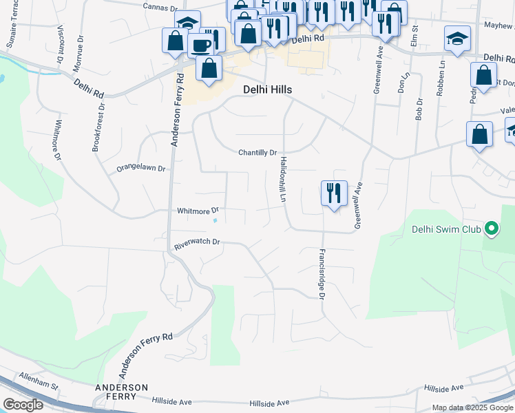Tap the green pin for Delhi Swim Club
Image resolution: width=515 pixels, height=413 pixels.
coord(491,229)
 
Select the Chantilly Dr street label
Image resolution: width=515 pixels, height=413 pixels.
coord(257,153)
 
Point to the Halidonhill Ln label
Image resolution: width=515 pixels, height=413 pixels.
coord(282,179)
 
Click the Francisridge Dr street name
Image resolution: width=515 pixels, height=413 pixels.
coord(321,274)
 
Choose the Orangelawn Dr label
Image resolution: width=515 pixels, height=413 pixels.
coord(141,168)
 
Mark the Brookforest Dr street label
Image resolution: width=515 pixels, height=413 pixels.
coord(98,127)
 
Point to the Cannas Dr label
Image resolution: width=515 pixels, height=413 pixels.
coord(160,8)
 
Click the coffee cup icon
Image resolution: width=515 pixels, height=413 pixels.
coord(202,44)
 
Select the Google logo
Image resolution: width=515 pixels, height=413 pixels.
coord(23,405)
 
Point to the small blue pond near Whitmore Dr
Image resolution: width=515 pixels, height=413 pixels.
coord(216,221)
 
